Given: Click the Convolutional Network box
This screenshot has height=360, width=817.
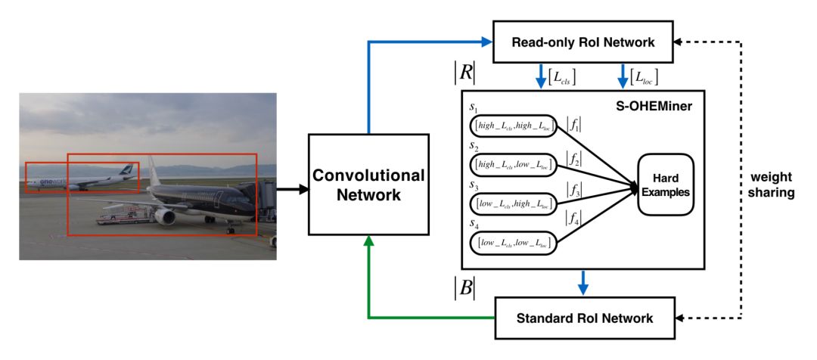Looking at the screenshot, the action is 369,185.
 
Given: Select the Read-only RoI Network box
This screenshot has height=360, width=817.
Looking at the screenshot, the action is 583,42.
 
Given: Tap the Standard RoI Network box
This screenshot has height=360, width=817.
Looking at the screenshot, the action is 584,318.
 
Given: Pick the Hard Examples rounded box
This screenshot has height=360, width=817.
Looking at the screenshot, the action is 666,185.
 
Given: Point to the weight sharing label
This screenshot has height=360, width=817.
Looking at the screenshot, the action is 769,185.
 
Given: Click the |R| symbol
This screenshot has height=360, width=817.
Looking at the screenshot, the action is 464,76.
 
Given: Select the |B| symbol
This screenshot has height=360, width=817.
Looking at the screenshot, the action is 464,289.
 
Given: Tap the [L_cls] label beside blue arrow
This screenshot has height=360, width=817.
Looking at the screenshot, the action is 562,78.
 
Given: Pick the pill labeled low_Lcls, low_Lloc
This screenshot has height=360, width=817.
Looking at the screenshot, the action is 513,242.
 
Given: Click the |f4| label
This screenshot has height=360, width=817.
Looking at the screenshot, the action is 573,216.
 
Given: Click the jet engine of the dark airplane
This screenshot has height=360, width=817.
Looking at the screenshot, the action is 165,216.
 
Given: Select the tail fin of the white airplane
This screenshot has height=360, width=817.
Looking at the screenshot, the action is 126,171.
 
